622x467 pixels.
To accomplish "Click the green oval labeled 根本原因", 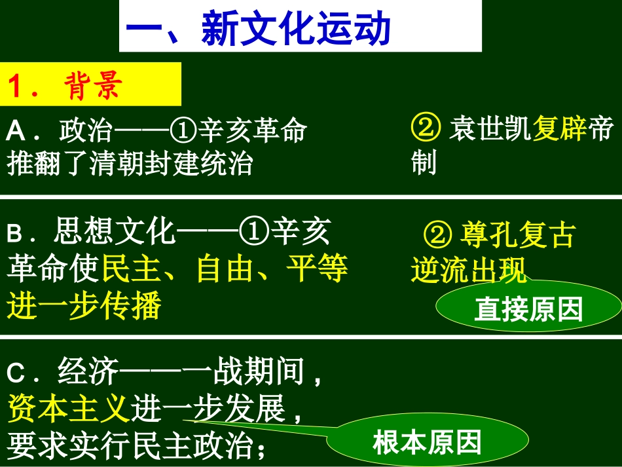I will (x=427, y=442).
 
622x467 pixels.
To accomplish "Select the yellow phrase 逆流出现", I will (x=469, y=270).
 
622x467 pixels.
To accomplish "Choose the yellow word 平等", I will (x=318, y=269).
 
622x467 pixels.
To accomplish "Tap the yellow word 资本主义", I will (x=67, y=411).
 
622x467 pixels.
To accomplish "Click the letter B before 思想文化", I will (x=14, y=234).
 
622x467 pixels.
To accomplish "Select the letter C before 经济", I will (x=15, y=375).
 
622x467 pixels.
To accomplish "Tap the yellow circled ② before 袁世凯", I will (x=426, y=129).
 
